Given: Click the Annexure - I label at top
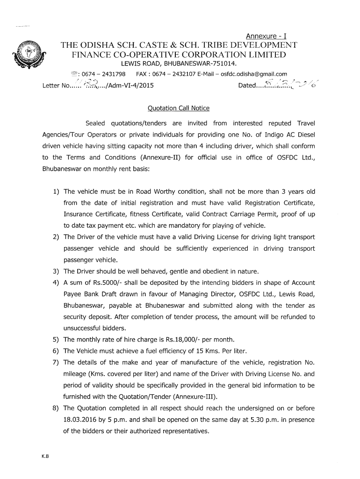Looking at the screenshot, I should point(266,36).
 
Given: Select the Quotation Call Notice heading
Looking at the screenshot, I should point(179,108).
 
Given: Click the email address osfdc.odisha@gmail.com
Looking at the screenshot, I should point(254,74).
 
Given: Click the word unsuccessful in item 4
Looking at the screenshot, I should point(81,328).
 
